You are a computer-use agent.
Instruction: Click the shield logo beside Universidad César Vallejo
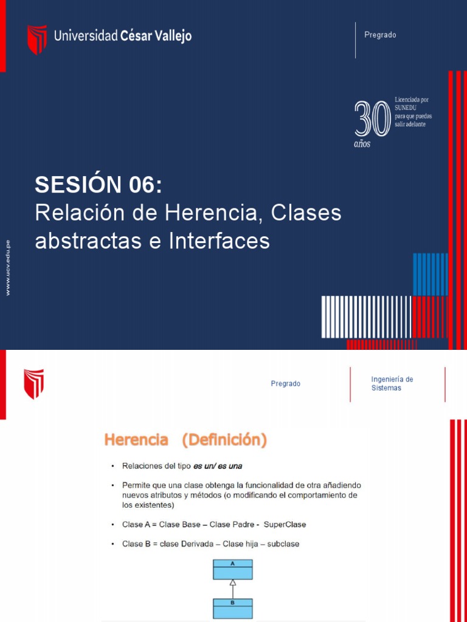(36, 39)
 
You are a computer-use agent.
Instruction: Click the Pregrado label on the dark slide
(380, 35)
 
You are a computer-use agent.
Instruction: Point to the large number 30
(372, 119)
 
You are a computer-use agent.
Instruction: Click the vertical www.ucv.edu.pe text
(8, 267)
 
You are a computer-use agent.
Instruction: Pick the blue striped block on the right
(430, 274)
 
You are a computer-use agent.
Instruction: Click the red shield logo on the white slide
(33, 384)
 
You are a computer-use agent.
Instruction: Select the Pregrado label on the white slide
(285, 384)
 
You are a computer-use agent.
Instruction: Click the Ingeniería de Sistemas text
(392, 383)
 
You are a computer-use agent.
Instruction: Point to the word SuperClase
(285, 524)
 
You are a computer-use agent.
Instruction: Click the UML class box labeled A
(232, 569)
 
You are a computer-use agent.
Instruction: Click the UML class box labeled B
(232, 608)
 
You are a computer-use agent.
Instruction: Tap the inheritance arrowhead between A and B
(232, 583)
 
